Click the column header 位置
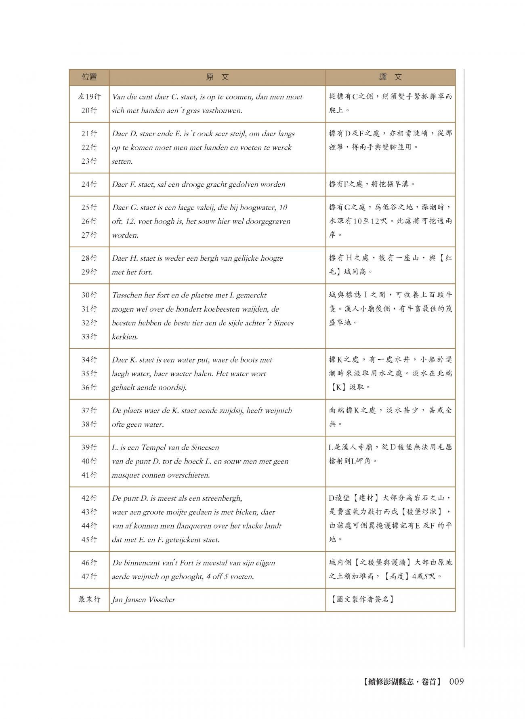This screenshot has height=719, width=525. point(89,77)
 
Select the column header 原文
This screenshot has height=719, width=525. point(217,77)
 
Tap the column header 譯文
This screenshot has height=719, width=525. point(390,77)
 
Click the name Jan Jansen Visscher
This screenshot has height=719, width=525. point(143,600)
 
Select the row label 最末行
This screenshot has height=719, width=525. point(89,599)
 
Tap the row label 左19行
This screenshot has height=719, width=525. point(89,97)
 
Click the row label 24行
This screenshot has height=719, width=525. point(89,184)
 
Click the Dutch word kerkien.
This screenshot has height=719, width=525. point(125,337)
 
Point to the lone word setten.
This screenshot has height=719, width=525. point(122,161)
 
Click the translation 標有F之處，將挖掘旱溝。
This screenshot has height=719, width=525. point(372,184)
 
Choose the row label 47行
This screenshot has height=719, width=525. point(89,577)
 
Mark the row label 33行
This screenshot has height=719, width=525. point(89,337)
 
